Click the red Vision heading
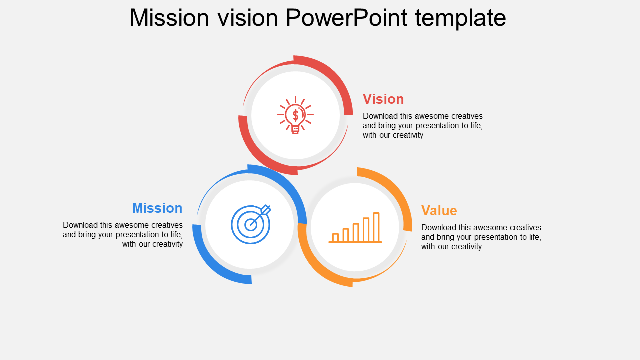click(x=383, y=99)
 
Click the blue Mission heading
click(x=157, y=208)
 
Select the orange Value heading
click(x=439, y=211)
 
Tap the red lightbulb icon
click(x=295, y=115)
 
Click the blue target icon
click(x=251, y=224)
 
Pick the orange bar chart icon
click(x=355, y=227)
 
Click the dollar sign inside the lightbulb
click(x=295, y=115)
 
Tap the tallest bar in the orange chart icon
click(x=376, y=227)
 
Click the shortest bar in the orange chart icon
click(x=335, y=237)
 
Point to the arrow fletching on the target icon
click(x=266, y=209)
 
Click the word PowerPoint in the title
click(x=346, y=18)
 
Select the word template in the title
click(x=461, y=19)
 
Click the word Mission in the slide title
click(x=169, y=18)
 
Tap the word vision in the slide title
click(x=248, y=18)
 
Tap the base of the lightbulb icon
click(x=295, y=130)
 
